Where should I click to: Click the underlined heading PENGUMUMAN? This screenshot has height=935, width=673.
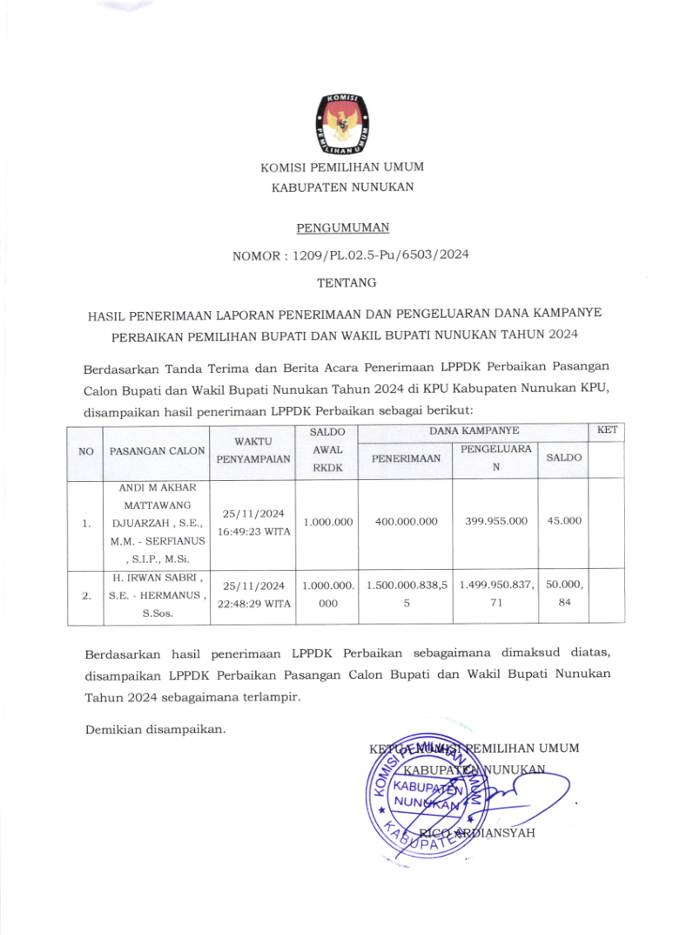click(x=342, y=228)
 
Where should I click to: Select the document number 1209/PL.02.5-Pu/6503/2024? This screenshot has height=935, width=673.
click(x=374, y=256)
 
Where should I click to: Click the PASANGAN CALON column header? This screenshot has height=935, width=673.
click(x=158, y=451)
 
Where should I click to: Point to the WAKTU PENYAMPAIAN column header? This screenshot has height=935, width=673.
click(x=253, y=451)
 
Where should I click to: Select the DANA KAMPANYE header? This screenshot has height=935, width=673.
click(x=474, y=431)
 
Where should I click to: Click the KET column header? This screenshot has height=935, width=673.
click(x=607, y=430)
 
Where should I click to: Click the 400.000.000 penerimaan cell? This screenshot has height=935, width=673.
click(x=406, y=522)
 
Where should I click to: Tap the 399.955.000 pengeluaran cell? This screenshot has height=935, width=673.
click(x=495, y=522)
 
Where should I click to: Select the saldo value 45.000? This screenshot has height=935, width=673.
click(x=563, y=521)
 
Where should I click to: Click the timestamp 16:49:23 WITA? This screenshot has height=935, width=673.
click(x=253, y=531)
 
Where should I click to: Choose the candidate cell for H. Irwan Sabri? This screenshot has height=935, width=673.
click(x=158, y=596)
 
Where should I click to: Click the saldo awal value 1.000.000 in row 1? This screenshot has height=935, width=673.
click(x=327, y=522)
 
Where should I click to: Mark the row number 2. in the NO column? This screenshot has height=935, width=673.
click(x=86, y=597)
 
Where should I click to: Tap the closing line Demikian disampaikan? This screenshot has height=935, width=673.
click(x=156, y=728)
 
